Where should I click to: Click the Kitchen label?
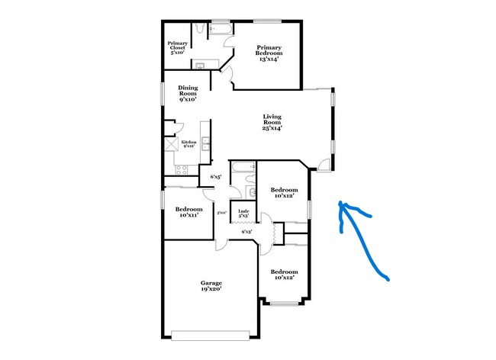point(188,143)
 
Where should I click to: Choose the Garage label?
point(211,283)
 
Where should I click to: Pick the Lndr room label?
point(243,212)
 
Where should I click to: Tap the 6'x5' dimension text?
point(216,178)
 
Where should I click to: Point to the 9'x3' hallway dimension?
point(246,232)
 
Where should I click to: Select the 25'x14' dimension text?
point(272,128)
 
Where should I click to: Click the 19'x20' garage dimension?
point(211,291)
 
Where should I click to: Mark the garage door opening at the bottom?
point(211,334)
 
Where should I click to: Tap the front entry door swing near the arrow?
point(324,162)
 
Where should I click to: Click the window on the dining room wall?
point(162,93)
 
